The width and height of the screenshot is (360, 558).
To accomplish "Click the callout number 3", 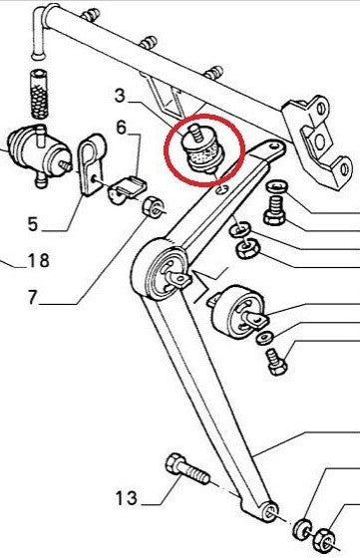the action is (122, 97).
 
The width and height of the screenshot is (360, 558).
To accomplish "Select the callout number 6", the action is (121, 127).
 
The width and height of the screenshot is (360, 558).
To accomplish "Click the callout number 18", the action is (38, 263).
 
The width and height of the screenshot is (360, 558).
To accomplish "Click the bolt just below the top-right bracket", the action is (276, 203).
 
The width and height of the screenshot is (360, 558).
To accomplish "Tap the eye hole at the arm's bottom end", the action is (270, 512).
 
